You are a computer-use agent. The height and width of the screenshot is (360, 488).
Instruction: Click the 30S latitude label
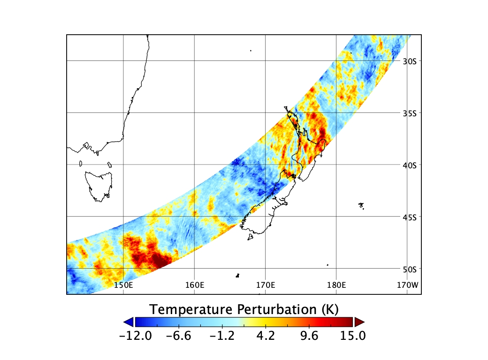410,61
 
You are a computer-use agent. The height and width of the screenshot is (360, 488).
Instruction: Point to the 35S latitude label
410,113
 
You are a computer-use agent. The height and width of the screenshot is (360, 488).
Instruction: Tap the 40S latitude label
410,165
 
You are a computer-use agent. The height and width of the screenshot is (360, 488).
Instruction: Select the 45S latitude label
410,217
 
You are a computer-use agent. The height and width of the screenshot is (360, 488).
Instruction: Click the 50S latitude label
410,269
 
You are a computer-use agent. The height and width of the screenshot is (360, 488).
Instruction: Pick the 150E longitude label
123,285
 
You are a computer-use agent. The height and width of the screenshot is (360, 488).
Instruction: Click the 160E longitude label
195,285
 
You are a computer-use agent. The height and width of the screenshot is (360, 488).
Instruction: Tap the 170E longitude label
266,285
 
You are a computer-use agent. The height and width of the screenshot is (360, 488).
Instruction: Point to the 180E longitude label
336,285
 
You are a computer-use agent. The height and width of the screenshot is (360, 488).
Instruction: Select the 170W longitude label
408,285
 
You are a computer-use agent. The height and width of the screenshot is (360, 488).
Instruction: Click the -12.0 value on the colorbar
136,336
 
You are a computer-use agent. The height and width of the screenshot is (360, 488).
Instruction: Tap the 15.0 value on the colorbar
352,336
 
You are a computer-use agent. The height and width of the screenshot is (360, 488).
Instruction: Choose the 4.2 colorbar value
266,336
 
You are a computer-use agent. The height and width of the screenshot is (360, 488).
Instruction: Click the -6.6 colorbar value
179,336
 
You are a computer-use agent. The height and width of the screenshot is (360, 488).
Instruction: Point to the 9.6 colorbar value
309,336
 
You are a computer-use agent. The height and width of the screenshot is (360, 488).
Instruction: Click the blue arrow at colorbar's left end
129,322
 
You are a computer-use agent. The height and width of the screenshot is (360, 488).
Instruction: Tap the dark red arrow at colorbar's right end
359,322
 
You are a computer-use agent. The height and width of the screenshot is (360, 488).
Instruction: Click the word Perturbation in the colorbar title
277,310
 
